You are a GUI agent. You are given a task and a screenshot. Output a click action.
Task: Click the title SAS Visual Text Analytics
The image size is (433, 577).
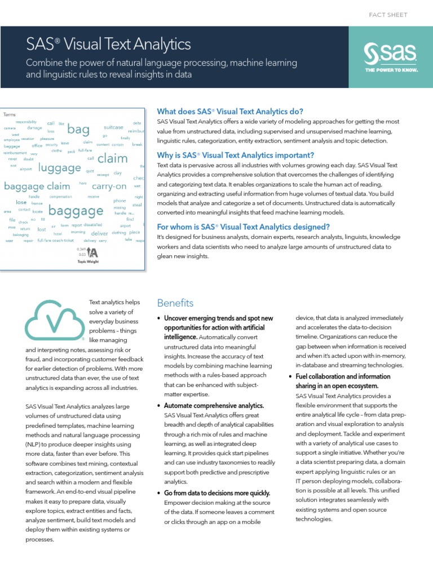109,45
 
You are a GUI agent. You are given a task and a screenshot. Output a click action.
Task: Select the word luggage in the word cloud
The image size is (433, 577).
60,167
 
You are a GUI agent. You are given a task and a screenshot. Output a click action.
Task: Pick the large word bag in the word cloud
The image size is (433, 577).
78,130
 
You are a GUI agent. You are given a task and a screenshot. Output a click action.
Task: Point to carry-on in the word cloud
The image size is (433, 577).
109,186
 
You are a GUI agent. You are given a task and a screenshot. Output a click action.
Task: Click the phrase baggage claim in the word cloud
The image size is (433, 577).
37,187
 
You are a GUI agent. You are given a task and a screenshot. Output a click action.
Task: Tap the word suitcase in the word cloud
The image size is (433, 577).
113,127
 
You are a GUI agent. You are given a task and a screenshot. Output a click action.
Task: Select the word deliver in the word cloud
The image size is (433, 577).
99,233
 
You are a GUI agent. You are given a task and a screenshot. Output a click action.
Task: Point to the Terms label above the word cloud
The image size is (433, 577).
10,114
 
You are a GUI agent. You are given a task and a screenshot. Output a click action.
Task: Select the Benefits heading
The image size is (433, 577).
175,303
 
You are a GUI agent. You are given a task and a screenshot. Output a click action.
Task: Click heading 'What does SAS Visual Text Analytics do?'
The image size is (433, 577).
230,111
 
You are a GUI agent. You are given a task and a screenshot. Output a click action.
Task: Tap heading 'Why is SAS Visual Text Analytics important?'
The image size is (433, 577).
236,155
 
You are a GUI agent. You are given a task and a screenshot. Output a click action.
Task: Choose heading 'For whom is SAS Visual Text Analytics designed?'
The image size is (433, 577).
243,227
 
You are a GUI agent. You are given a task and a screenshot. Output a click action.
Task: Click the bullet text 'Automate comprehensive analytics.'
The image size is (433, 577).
214,406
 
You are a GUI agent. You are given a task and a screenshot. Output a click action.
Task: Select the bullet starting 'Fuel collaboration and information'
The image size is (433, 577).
342,376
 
